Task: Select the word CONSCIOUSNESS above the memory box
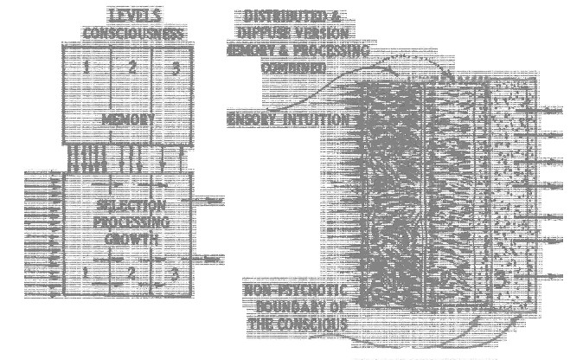click(134, 34)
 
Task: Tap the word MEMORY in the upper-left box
click(128, 119)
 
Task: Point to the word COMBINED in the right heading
click(294, 67)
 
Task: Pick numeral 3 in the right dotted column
click(500, 279)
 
